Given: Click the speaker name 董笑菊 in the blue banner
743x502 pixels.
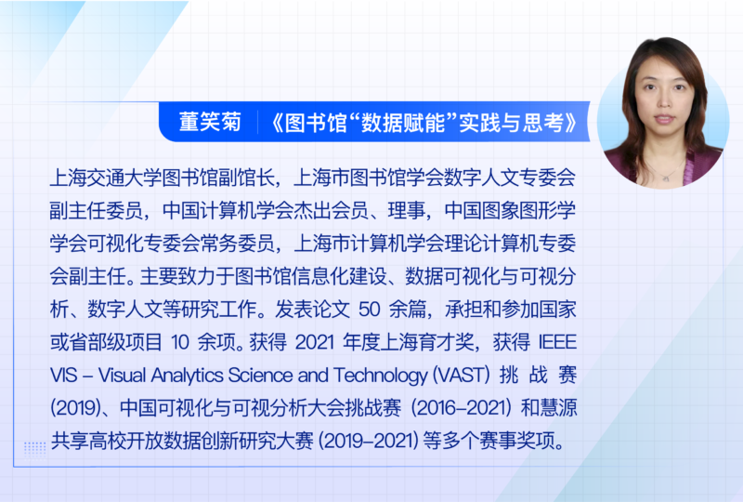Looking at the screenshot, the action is click(x=211, y=122).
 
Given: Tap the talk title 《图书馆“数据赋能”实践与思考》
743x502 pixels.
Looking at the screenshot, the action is click(x=424, y=123).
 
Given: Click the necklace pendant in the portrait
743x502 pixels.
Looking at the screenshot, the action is click(x=666, y=178).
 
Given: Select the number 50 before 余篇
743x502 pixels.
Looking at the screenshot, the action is click(x=370, y=310).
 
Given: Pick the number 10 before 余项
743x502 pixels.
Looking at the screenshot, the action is click(x=179, y=342).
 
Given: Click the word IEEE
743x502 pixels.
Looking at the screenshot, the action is click(x=557, y=342).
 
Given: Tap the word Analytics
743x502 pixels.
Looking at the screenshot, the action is click(x=188, y=376).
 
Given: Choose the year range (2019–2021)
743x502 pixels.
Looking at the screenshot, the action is click(x=368, y=441).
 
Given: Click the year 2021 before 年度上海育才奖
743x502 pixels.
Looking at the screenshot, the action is click(x=315, y=342).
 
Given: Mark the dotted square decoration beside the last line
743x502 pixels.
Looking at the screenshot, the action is click(x=34, y=448).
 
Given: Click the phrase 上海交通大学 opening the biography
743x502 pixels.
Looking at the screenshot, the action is click(x=105, y=178).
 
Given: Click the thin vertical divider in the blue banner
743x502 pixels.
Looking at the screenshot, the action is click(x=257, y=123).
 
